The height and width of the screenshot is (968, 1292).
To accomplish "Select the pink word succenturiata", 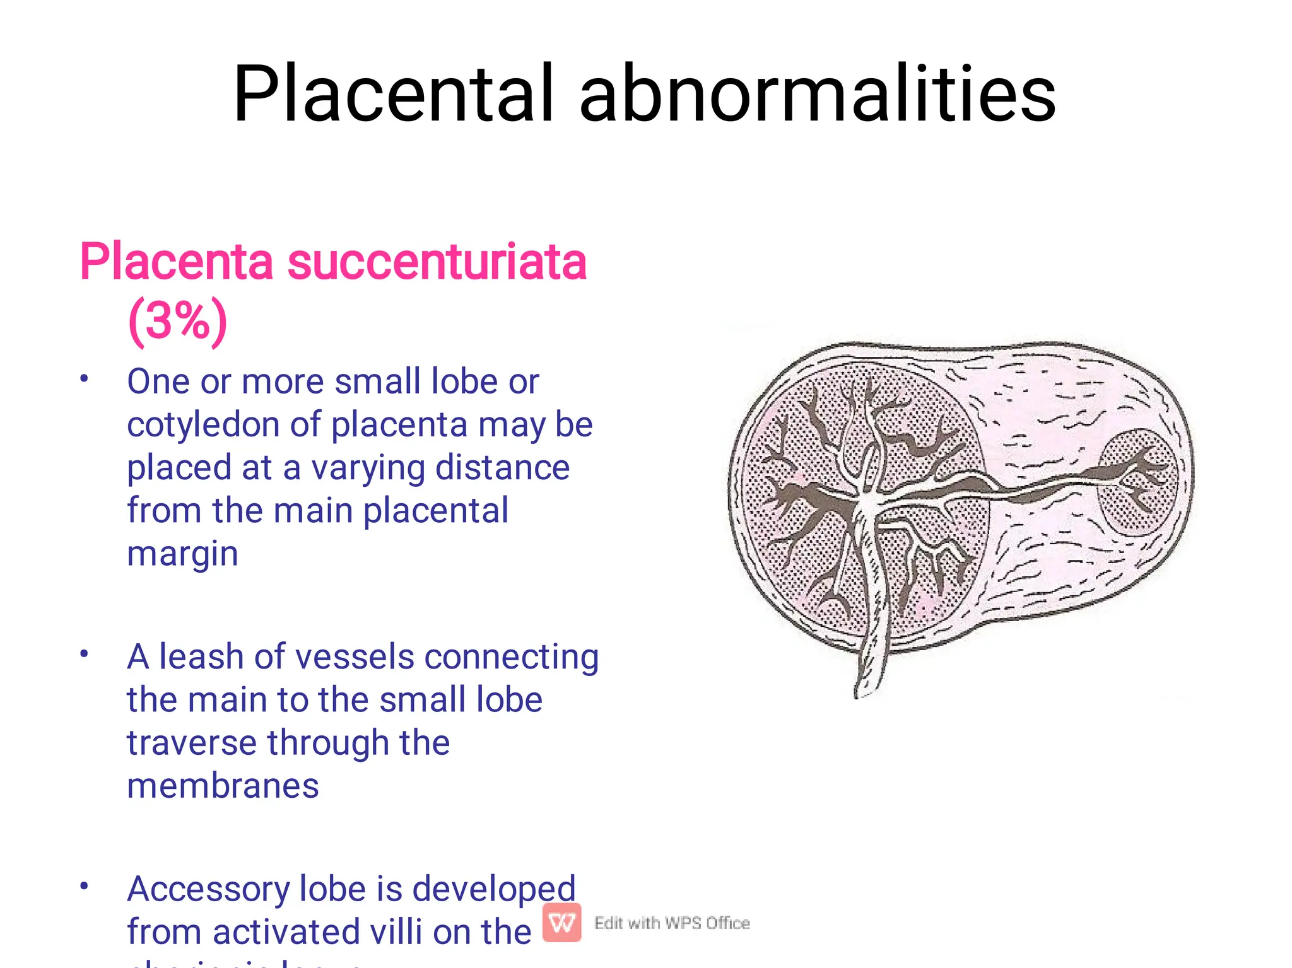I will click(437, 262).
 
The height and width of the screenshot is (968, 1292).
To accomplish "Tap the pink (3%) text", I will click(177, 321).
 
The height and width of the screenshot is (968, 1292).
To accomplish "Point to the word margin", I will click(182, 554).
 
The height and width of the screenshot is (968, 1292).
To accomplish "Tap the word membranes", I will click(223, 786).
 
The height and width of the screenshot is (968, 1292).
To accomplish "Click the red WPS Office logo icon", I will click(561, 923).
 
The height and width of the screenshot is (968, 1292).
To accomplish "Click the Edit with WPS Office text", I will click(672, 923).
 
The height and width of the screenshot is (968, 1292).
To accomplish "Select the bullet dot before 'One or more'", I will click(84, 378).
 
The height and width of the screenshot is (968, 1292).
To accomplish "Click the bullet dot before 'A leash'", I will click(84, 654).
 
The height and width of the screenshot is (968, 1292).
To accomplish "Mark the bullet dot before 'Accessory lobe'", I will click(84, 886).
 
